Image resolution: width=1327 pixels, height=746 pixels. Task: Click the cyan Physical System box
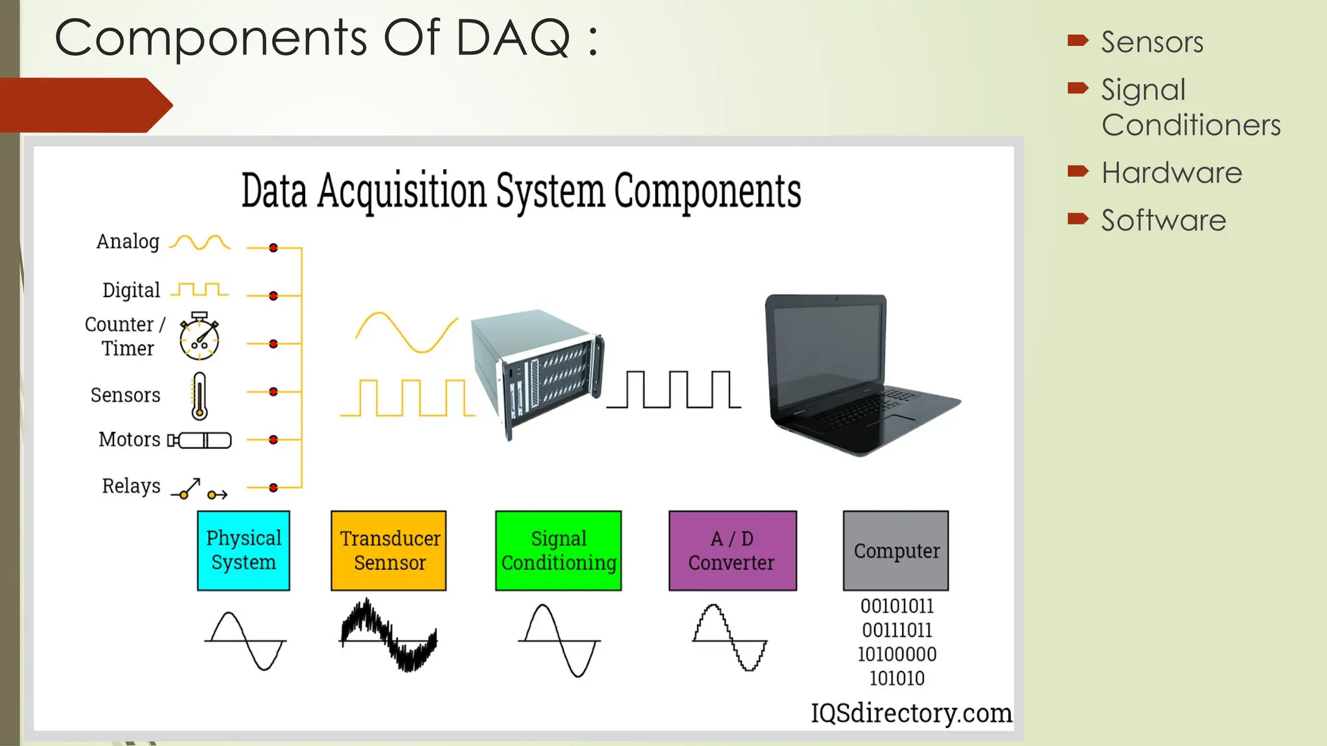[x=243, y=550]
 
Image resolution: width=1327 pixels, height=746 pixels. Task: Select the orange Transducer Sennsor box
[x=389, y=550]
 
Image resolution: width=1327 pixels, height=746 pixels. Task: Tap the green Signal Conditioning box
[x=558, y=550]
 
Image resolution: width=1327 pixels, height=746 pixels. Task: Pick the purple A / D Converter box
[x=732, y=550]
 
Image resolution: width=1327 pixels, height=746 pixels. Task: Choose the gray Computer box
[x=895, y=550]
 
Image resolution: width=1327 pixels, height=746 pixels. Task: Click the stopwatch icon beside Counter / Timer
[x=200, y=336]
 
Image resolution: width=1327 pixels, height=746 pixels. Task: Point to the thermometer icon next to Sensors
[x=200, y=396]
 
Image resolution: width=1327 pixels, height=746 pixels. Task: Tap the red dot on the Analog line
[x=273, y=248]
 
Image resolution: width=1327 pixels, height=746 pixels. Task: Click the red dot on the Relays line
[x=273, y=488]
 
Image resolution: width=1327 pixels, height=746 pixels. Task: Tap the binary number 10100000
[x=897, y=654]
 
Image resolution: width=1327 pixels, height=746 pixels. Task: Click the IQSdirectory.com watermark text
[x=911, y=713]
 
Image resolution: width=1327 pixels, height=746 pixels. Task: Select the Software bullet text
[x=1164, y=221]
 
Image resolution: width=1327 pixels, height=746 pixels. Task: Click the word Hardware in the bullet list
[x=1171, y=173]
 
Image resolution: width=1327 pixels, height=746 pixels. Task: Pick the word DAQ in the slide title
[x=513, y=38]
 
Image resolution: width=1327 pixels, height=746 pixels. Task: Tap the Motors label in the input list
[x=130, y=440]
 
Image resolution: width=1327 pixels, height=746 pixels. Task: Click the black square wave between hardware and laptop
[x=674, y=390]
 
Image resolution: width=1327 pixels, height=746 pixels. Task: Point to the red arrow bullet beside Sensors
[x=1078, y=41]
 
